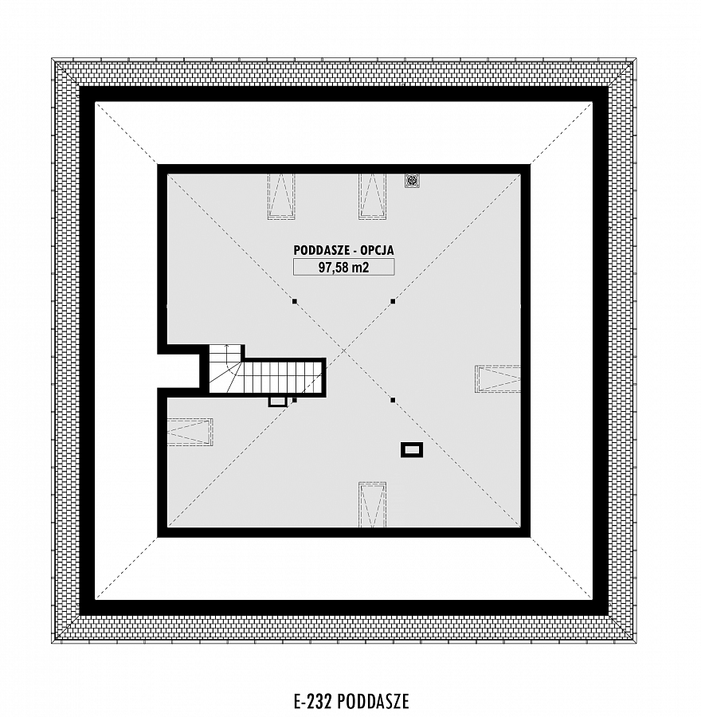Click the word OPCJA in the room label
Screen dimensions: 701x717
[x=378, y=250]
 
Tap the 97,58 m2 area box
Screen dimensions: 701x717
[x=344, y=267]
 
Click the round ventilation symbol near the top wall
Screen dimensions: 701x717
[x=410, y=181]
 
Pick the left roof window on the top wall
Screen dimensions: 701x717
[x=281, y=196]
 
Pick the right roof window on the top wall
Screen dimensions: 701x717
[x=372, y=196]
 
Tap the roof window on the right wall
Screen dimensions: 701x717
[x=498, y=378]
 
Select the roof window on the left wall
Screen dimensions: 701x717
[x=190, y=432]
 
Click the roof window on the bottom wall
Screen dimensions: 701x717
[x=372, y=504]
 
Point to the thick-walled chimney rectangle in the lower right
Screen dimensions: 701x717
[x=412, y=450]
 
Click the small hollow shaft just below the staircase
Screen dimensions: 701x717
[x=277, y=402]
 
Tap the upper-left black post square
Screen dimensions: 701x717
[x=295, y=301]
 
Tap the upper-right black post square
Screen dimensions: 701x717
[x=393, y=301]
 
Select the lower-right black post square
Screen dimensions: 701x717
[x=393, y=400]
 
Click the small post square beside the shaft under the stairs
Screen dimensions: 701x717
[x=295, y=400]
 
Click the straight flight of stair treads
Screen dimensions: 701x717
[x=281, y=376]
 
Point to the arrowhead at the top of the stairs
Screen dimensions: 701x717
[x=227, y=347]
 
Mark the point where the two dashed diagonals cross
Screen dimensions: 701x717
[x=344, y=351]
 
